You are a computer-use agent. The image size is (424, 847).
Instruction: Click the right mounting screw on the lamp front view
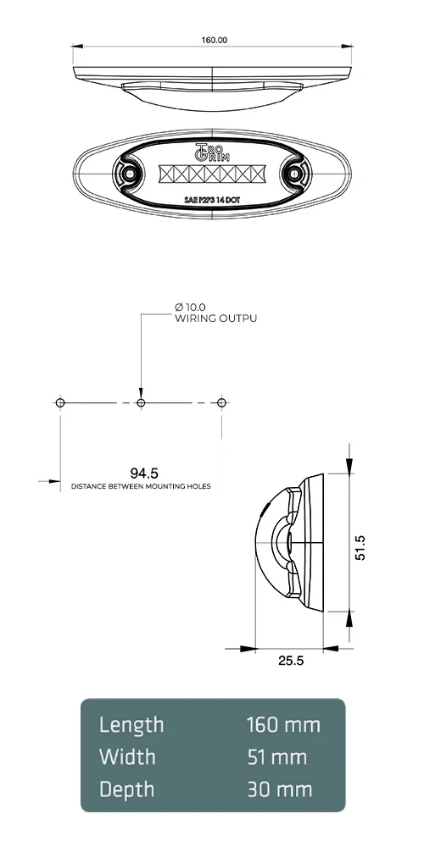click(x=293, y=173)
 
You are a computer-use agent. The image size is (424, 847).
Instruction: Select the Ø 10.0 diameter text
click(x=190, y=306)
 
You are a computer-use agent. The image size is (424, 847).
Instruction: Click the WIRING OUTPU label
click(x=215, y=318)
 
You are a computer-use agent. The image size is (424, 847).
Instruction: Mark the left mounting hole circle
click(x=60, y=401)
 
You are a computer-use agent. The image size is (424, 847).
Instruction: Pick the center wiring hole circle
click(x=141, y=401)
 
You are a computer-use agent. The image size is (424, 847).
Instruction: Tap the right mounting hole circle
click(x=221, y=401)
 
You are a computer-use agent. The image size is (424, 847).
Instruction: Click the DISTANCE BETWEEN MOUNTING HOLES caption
click(x=141, y=487)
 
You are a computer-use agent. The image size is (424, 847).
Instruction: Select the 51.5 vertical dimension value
click(x=360, y=546)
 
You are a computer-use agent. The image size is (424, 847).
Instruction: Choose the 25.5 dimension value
click(x=290, y=661)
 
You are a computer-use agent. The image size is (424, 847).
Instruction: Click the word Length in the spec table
click(x=131, y=725)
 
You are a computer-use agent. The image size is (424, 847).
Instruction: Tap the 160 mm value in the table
click(x=283, y=725)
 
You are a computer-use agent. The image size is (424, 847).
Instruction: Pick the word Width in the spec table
click(x=127, y=756)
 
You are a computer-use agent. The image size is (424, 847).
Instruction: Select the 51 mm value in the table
click(x=276, y=756)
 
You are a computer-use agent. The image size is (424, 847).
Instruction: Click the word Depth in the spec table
click(x=127, y=789)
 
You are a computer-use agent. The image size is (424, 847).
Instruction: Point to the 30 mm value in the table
click(x=280, y=789)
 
